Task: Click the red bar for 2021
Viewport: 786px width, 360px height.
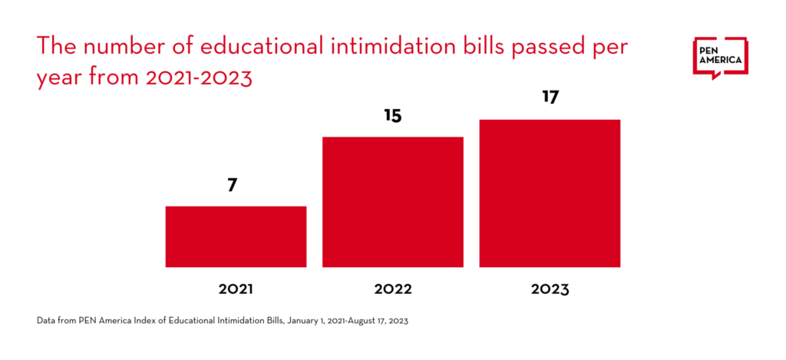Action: [236, 236]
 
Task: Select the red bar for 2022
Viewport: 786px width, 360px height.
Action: [392, 202]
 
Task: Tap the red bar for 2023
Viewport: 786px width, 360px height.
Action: [550, 193]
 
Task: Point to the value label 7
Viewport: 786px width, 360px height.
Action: [232, 185]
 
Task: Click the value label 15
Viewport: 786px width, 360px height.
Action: [393, 116]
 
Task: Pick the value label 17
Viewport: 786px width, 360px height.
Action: [550, 98]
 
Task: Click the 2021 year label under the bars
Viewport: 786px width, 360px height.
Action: [236, 289]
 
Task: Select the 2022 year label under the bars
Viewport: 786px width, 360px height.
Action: [392, 289]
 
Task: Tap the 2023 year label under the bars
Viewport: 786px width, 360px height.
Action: [550, 289]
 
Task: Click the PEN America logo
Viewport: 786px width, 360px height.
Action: [720, 58]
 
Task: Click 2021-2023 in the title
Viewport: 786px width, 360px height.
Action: [198, 78]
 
